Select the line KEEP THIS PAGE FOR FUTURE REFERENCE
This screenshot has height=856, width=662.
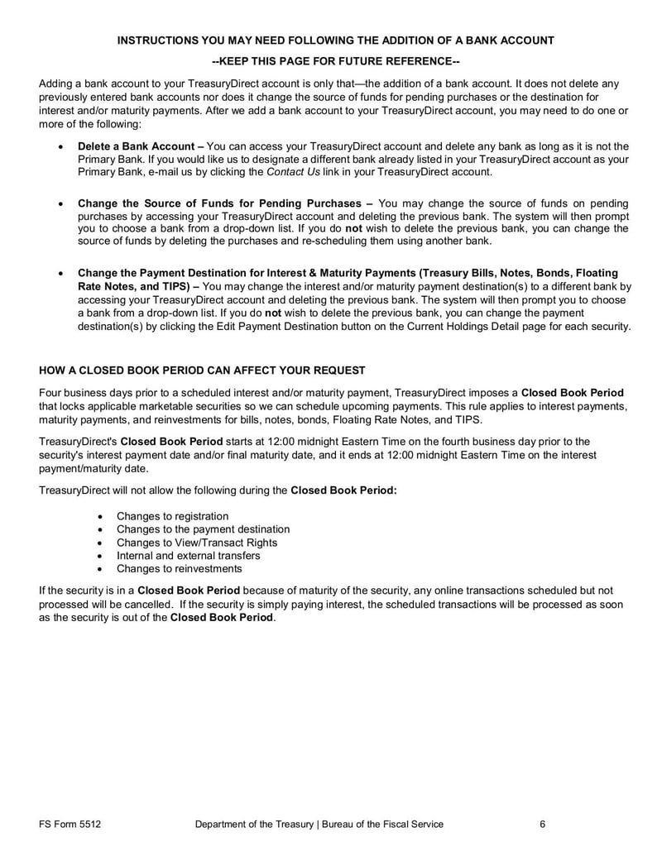pyautogui.click(x=336, y=62)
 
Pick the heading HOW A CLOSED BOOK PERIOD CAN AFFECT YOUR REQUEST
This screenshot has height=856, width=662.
pyautogui.click(x=202, y=369)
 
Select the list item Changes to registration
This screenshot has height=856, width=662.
pyautogui.click(x=172, y=516)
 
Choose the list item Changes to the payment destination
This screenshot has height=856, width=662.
pyautogui.click(x=203, y=529)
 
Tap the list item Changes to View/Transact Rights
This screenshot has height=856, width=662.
pyautogui.click(x=197, y=543)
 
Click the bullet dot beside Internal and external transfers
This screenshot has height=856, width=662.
pyautogui.click(x=100, y=556)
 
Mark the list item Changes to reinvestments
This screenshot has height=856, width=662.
pyautogui.click(x=179, y=569)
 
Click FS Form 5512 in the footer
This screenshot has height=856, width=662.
pyautogui.click(x=70, y=824)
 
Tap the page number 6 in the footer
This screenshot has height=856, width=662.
pyautogui.click(x=542, y=824)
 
